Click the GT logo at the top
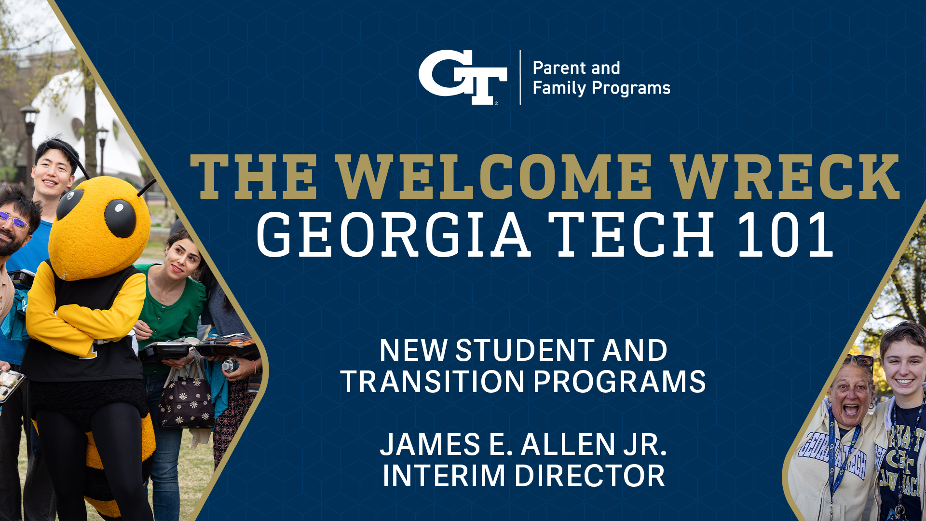coord(462,77)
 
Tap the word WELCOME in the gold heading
coord(494,177)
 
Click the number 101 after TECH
coord(786,234)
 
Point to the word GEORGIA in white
coord(394,234)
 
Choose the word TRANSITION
coord(433,382)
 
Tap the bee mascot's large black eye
coord(120,218)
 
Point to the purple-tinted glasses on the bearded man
coord(14,221)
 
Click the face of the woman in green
coord(182,259)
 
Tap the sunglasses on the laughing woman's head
coord(858,360)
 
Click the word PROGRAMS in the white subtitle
coord(620,382)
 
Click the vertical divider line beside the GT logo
coord(520,77)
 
